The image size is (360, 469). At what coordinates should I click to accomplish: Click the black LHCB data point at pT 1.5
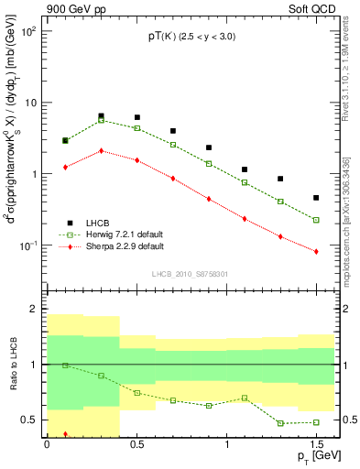coord(316,198)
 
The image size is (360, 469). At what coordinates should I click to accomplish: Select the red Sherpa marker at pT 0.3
coord(101,150)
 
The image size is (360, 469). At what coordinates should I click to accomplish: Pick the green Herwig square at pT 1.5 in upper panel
coord(316,220)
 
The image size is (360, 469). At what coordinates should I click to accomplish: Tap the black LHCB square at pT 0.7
coord(172,131)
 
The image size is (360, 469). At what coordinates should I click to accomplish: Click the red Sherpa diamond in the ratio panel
coord(65,434)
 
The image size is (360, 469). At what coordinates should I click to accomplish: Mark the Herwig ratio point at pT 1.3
coord(280,423)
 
